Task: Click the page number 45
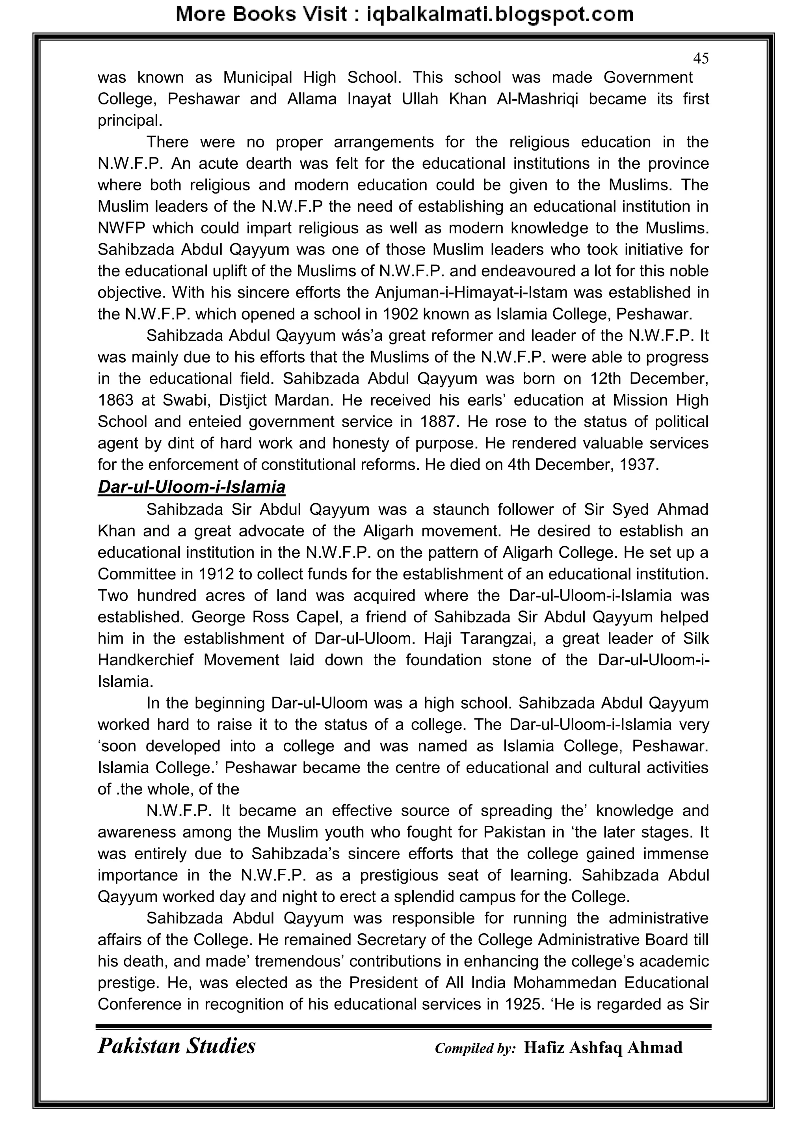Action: pos(701,59)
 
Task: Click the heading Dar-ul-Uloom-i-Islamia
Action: pos(192,487)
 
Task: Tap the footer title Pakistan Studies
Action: pos(177,1046)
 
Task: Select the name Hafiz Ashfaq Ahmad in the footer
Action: pos(603,1048)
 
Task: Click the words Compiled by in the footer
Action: pos(475,1048)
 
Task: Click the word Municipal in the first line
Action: pos(257,78)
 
